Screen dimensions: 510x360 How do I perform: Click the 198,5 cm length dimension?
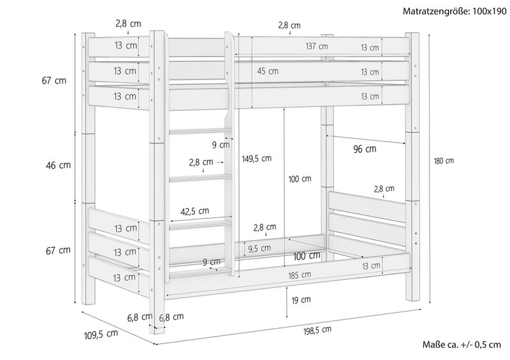click(317, 331)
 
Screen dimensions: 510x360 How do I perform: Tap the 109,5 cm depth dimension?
click(101, 335)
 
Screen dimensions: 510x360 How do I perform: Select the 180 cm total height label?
click(444, 161)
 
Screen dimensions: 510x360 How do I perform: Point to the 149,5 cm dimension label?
click(257, 159)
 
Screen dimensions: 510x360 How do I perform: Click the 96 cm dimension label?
click(365, 149)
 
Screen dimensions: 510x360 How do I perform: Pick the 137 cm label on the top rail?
click(317, 47)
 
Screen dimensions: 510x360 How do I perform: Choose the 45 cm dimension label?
click(268, 71)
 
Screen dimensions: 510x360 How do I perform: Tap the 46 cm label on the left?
click(58, 165)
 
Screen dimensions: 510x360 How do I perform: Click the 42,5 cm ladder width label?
click(195, 212)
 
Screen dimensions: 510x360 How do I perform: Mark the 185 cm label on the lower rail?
click(300, 275)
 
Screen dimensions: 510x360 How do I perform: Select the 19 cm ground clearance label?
click(301, 300)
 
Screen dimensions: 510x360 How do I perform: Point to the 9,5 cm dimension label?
click(259, 248)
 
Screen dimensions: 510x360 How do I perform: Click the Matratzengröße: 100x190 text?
click(455, 11)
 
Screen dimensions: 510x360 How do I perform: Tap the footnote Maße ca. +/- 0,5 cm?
click(462, 345)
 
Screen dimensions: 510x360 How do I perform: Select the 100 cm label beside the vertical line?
click(300, 179)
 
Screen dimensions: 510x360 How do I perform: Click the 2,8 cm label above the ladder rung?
click(201, 162)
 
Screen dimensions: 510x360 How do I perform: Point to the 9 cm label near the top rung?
click(221, 145)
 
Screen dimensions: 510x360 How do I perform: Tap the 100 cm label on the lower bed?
click(307, 256)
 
